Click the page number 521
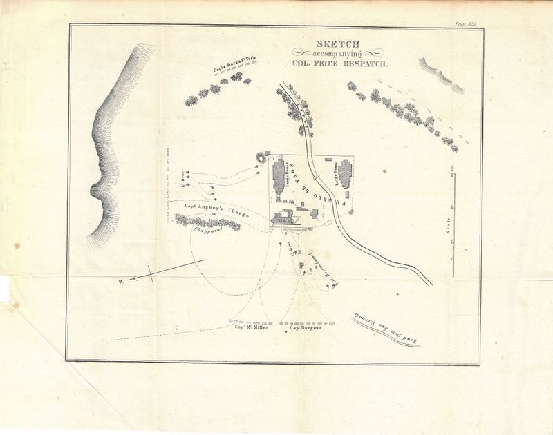pyautogui.click(x=467, y=23)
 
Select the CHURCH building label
pyautogui.click(x=283, y=220)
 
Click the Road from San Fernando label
pyautogui.click(x=388, y=325)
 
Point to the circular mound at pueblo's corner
pyautogui.click(x=262, y=158)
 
